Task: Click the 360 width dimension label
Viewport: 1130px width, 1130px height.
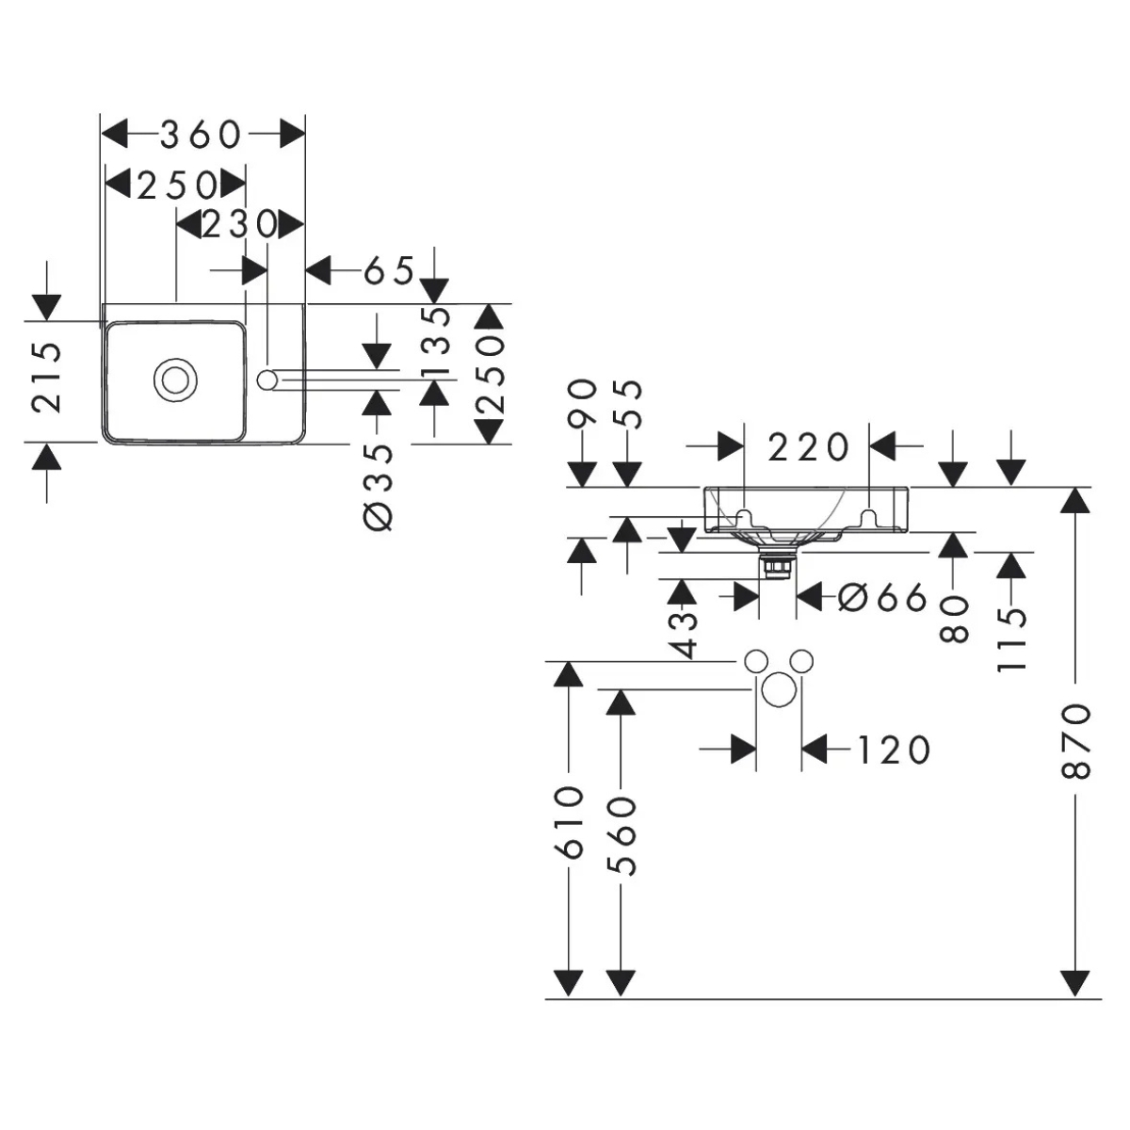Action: click(x=202, y=135)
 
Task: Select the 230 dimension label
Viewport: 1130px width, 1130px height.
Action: click(x=240, y=225)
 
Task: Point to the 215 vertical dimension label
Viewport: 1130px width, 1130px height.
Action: click(x=47, y=377)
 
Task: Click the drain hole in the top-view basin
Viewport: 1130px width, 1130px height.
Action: click(x=174, y=379)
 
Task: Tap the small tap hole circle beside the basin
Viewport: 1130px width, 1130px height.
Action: click(x=268, y=379)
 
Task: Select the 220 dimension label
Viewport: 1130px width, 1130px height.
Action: click(x=809, y=446)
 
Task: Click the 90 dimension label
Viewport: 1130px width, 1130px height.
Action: click(x=584, y=403)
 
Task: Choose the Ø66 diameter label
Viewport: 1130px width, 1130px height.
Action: click(x=882, y=597)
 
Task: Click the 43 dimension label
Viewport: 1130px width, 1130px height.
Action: click(x=685, y=633)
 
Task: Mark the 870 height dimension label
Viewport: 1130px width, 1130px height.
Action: click(x=1075, y=740)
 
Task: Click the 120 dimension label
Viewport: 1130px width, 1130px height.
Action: click(x=893, y=750)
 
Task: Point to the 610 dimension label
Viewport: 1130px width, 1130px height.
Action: click(x=569, y=823)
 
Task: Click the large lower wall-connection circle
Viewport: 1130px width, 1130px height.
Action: click(x=779, y=690)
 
